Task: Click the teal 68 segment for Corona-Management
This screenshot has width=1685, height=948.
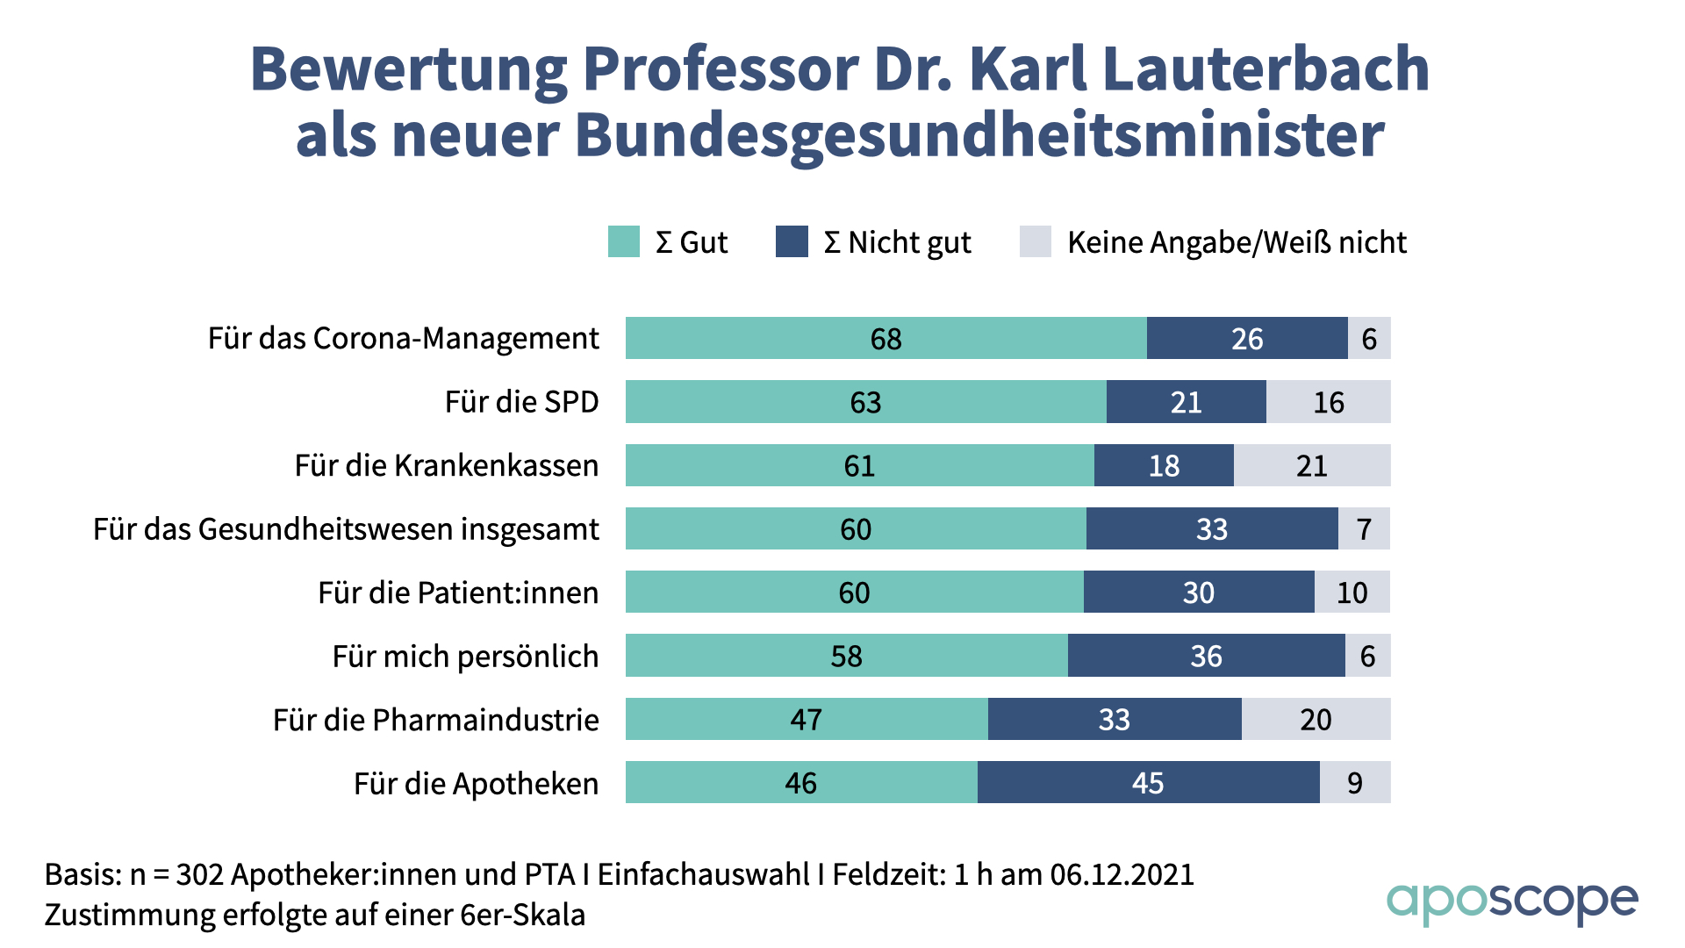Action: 886,338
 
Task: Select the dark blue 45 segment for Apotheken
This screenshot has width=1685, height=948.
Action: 1148,782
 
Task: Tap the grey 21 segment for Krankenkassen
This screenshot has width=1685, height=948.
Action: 1311,465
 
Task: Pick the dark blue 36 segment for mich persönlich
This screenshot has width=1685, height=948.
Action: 1206,656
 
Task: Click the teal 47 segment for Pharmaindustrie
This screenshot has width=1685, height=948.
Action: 806,719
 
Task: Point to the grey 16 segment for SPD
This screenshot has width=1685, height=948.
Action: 1328,402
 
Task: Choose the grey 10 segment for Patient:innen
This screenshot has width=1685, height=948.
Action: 1352,592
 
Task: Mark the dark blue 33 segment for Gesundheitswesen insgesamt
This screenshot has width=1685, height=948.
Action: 1211,528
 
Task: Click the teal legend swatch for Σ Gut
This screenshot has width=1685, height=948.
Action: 623,241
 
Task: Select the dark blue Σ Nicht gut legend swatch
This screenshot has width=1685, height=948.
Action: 792,241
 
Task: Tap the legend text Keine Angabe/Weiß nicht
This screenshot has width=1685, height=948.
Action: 1237,242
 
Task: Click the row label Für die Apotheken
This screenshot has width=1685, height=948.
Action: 476,783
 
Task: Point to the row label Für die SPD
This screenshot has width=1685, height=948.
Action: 521,402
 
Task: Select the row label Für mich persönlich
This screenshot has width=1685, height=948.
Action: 465,657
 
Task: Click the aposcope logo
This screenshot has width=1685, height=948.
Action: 1511,902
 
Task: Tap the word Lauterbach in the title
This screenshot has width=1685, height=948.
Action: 1266,68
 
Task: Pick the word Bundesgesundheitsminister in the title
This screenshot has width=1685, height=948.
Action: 979,136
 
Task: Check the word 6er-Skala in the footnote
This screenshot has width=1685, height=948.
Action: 522,915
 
